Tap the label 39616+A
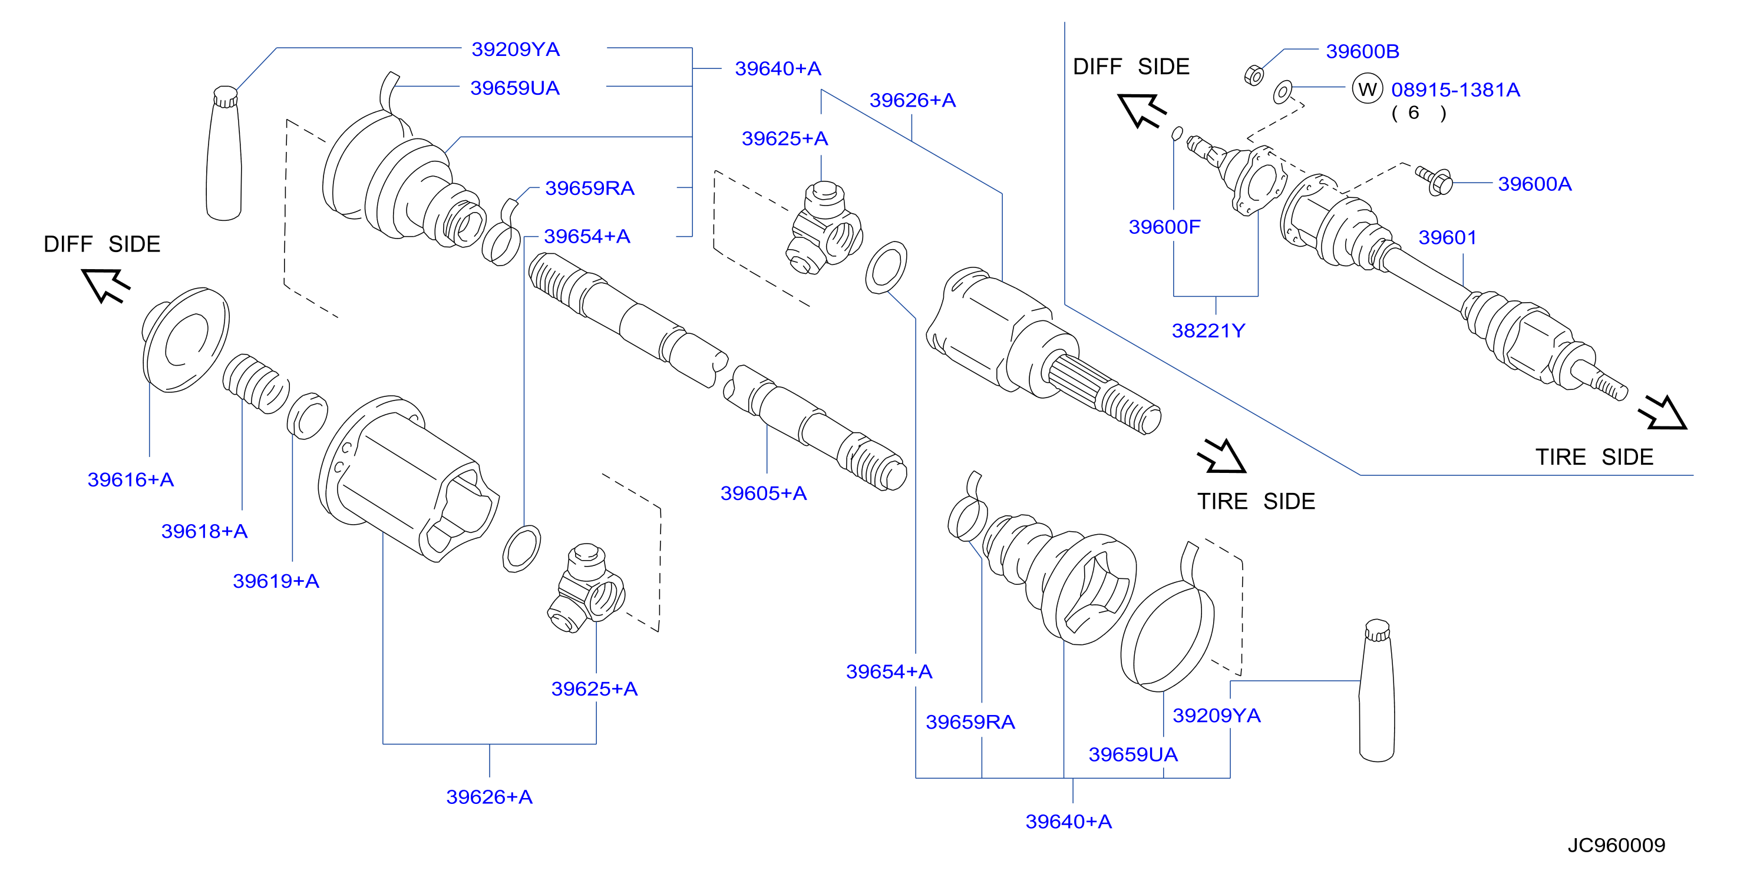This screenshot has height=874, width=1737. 131,480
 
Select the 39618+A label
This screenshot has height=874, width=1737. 204,531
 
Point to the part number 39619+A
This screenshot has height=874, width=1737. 276,581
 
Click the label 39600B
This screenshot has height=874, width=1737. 1363,51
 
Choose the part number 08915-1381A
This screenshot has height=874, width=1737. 1456,90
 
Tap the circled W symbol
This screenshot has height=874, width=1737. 1368,89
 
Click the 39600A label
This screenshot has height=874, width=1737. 1535,184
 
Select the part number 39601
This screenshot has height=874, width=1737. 1448,237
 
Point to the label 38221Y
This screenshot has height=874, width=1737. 1208,331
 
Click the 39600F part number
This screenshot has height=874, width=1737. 1164,227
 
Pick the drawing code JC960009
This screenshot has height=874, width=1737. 1616,845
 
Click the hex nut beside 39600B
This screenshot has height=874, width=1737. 1253,75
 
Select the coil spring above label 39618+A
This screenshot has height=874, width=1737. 256,383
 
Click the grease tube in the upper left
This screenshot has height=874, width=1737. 224,153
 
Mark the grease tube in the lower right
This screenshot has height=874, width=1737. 1376,691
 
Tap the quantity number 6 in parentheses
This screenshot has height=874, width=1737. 1414,112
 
